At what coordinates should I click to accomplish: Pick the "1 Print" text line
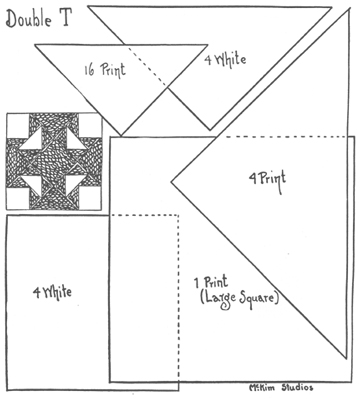point(218,282)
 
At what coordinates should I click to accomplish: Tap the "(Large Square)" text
point(236,298)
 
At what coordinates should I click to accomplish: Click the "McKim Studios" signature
point(284,387)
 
